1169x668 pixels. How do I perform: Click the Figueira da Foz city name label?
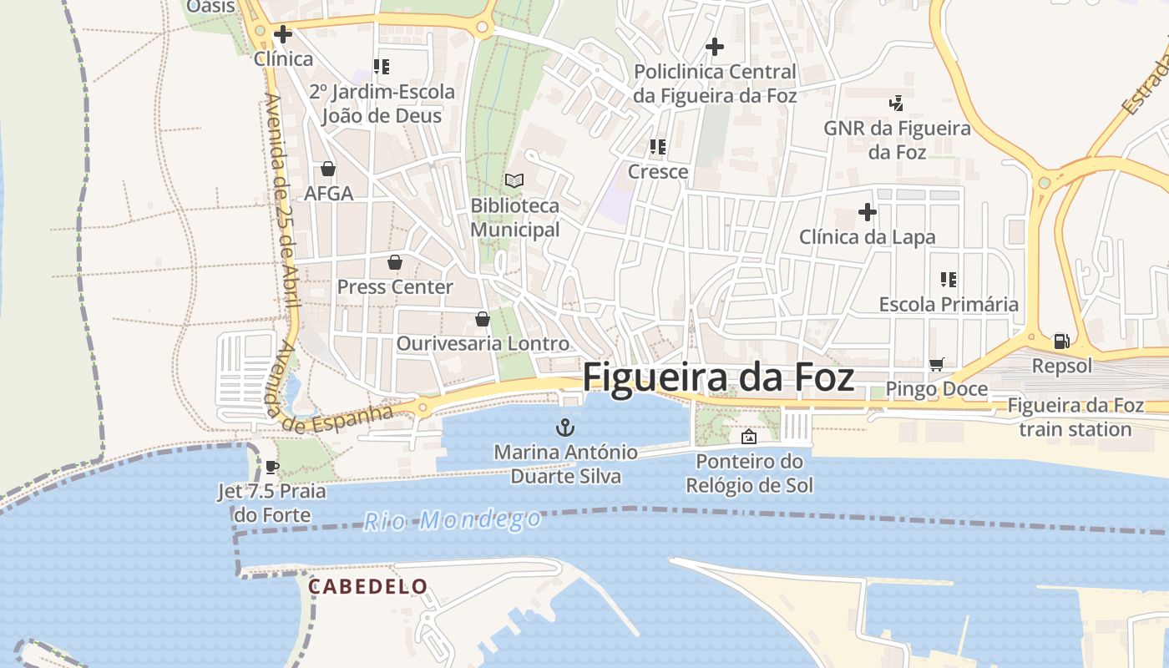tap(718, 377)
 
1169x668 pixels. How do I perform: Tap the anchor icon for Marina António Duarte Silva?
tap(566, 428)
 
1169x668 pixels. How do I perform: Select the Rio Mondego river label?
tap(453, 520)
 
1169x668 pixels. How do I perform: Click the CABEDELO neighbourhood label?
tap(368, 587)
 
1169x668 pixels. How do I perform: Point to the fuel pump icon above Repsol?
tap(1061, 341)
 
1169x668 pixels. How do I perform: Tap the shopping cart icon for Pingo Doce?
tap(936, 364)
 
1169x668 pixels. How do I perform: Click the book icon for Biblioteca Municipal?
tap(514, 180)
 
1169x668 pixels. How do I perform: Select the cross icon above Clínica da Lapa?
tap(868, 212)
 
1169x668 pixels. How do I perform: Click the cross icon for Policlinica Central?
tap(715, 47)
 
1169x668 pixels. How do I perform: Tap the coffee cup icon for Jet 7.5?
tap(271, 467)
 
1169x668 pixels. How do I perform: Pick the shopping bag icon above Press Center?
tap(395, 262)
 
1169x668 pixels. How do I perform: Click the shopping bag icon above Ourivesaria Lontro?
tap(482, 319)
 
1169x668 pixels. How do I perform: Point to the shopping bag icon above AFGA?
tap(328, 169)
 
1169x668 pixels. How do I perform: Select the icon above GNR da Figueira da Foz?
tap(897, 104)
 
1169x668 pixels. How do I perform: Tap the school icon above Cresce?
tap(658, 147)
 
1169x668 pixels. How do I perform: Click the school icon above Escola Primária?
tap(949, 279)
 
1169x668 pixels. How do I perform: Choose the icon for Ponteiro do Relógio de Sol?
tap(749, 437)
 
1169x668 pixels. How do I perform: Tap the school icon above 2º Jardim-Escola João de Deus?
tap(382, 67)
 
